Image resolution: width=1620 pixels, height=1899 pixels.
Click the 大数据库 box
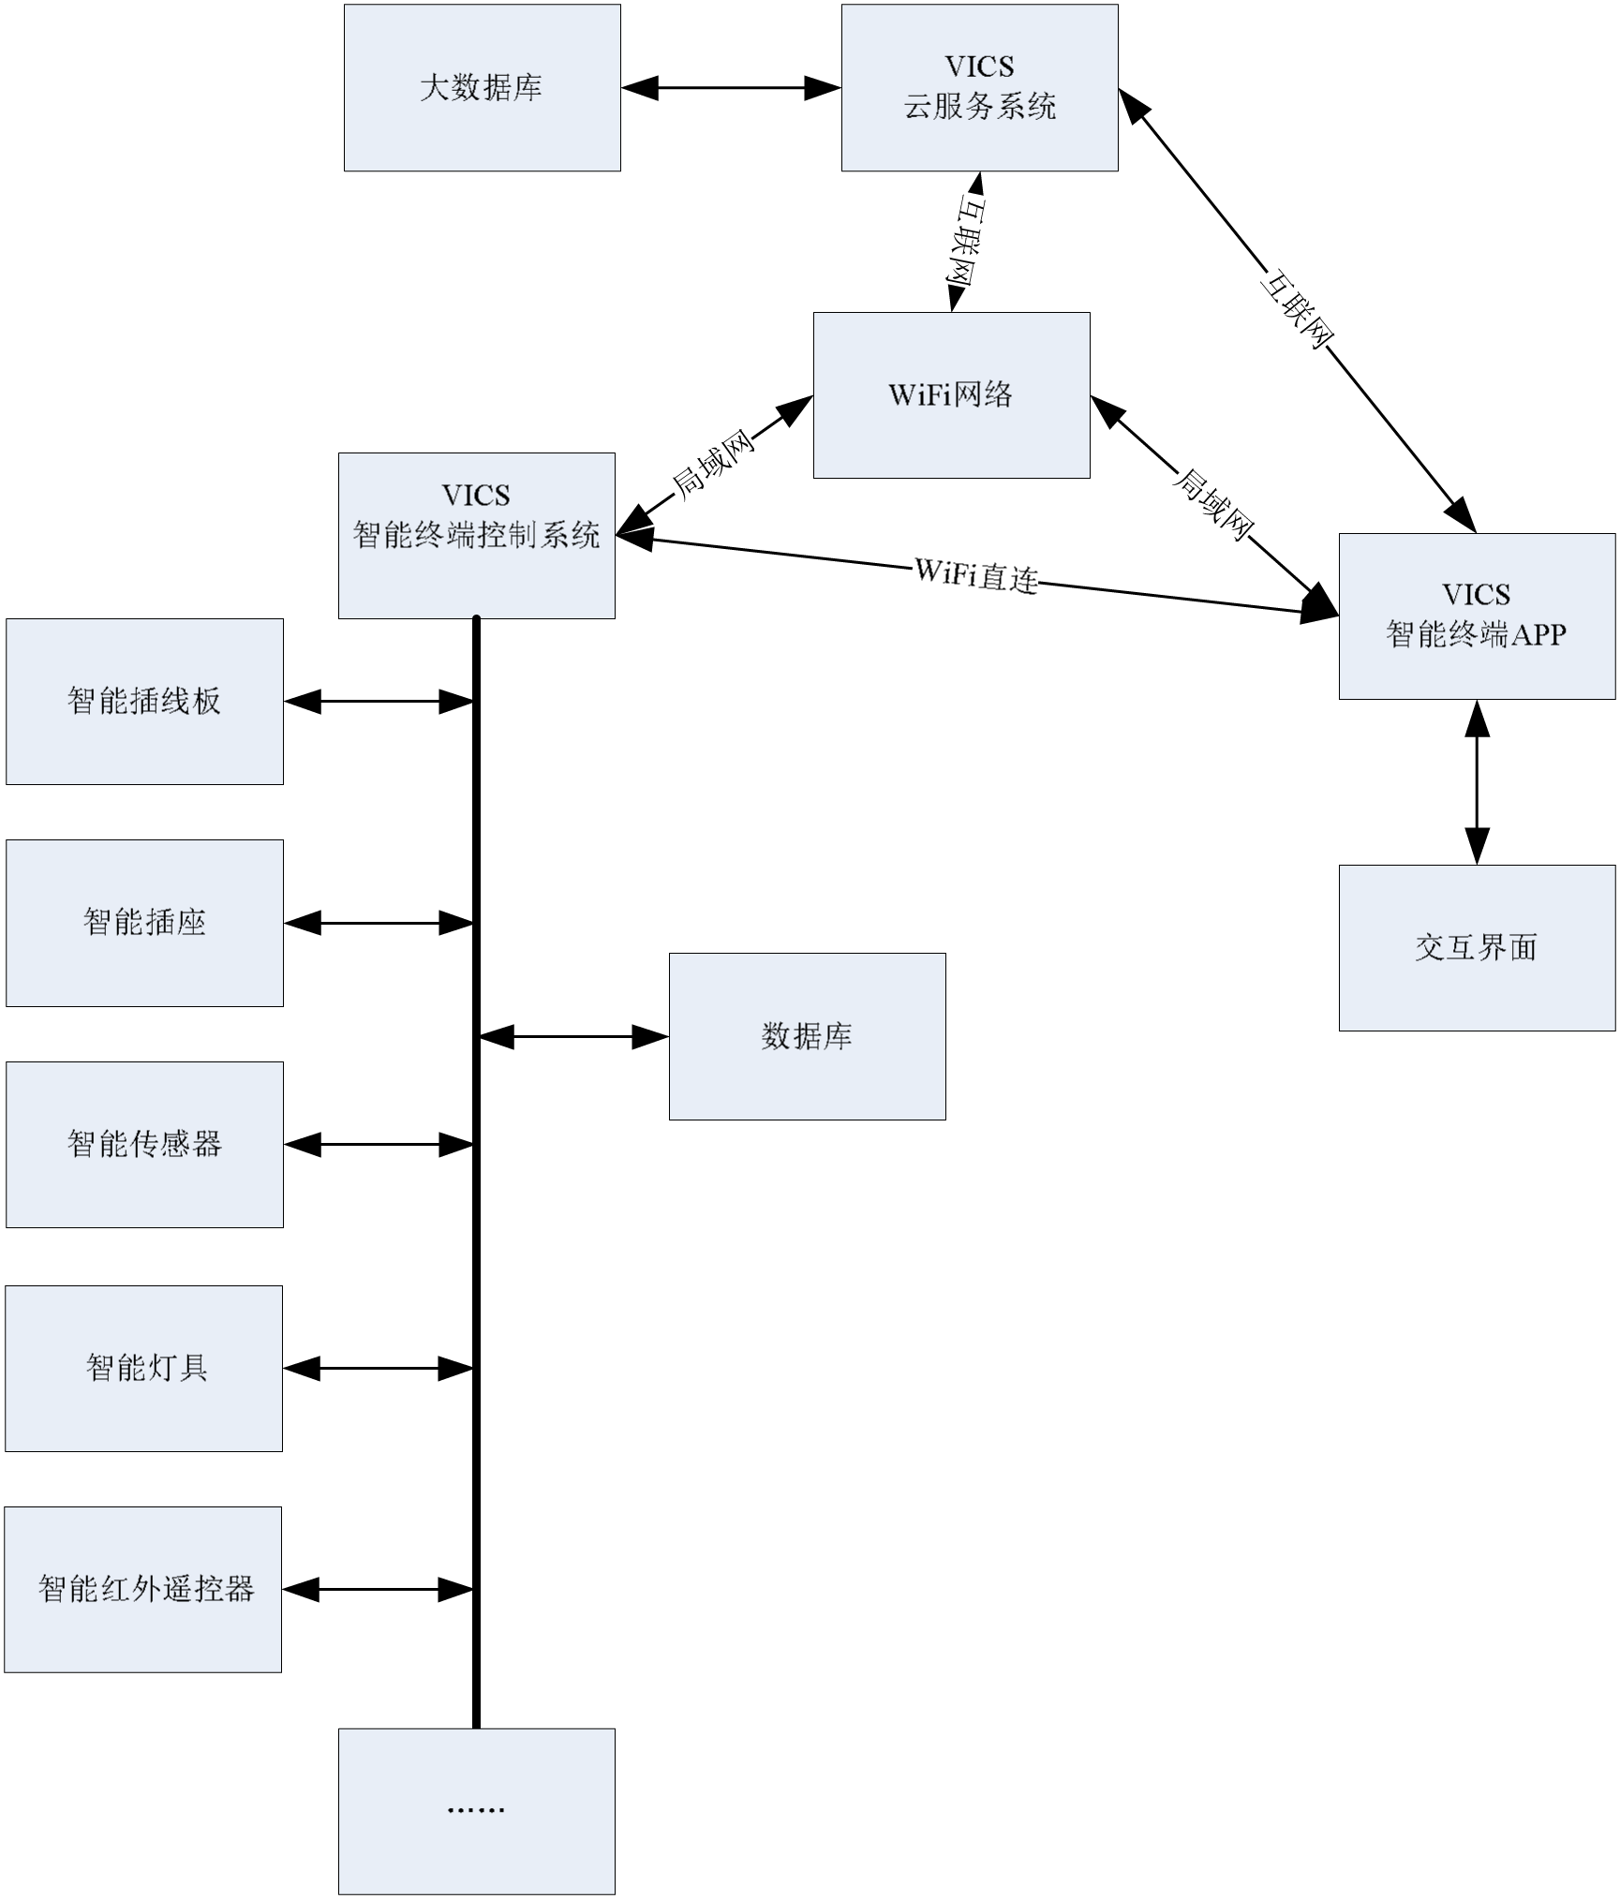[482, 88]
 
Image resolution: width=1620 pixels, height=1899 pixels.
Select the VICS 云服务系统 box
[979, 87]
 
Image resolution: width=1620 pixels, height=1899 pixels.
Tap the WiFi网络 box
[951, 394]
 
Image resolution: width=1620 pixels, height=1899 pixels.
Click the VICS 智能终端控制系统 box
[476, 535]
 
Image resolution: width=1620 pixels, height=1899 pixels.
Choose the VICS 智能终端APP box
[1477, 616]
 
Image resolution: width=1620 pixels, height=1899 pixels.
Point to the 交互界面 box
[1477, 947]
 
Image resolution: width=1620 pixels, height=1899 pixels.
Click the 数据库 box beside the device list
[807, 1036]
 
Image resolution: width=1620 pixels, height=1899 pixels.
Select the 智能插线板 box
[144, 701]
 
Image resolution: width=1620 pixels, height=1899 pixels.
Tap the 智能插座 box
[144, 923]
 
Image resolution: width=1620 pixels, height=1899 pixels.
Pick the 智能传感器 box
[144, 1144]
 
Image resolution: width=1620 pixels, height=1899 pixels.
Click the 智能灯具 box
[144, 1368]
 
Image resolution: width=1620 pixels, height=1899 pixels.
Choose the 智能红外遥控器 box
[144, 1589]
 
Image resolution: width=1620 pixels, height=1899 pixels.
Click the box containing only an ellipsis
[476, 1811]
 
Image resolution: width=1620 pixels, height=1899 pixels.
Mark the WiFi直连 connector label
[976, 574]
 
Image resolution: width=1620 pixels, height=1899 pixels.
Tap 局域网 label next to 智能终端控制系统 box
[715, 465]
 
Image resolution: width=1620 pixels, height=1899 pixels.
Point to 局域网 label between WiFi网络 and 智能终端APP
[1212, 504]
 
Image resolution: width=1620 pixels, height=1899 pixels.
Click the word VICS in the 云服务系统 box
[979, 67]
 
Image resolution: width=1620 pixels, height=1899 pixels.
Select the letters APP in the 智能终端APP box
[1538, 635]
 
